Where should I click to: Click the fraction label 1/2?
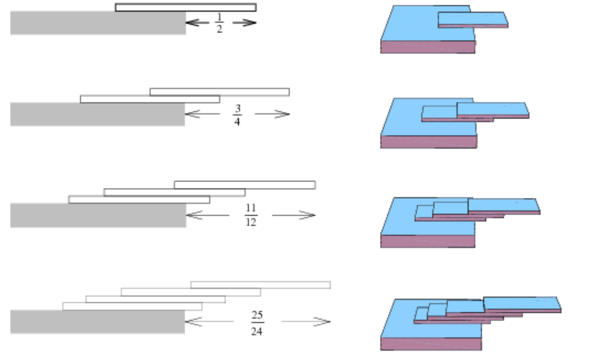(x=219, y=24)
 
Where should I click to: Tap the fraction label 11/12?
(x=250, y=215)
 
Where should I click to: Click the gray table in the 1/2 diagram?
(x=98, y=23)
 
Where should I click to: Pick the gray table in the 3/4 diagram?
(x=98, y=114)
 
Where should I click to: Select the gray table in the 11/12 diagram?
(x=98, y=215)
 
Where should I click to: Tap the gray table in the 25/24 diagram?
(x=98, y=322)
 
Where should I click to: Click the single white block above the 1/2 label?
(x=186, y=7)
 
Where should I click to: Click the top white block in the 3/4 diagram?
(x=219, y=92)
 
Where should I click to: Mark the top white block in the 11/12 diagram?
(x=244, y=185)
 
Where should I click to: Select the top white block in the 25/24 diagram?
(x=260, y=285)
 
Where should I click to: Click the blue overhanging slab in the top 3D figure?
(x=472, y=18)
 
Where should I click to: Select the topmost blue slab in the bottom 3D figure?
(x=521, y=303)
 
